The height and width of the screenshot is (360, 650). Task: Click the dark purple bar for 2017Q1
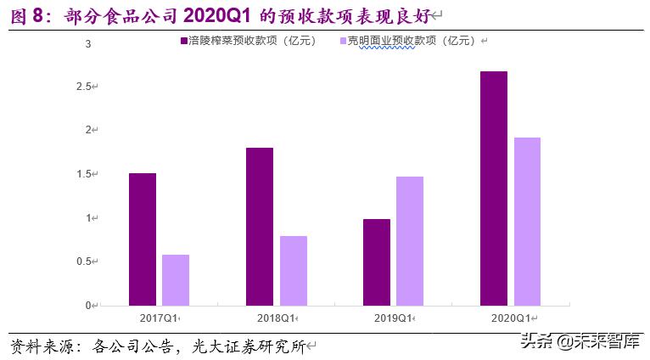[143, 239]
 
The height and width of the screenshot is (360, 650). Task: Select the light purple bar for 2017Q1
[176, 279]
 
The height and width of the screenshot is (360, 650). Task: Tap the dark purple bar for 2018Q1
[260, 226]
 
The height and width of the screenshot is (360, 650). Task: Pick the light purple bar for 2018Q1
[293, 270]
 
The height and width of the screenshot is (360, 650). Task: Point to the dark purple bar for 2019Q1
[377, 262]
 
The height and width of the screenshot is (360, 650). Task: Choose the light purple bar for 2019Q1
[410, 240]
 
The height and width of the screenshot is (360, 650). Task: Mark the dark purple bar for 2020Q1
[494, 188]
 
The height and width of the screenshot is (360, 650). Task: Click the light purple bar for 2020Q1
[527, 221]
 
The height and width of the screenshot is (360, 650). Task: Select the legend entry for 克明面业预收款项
[412, 41]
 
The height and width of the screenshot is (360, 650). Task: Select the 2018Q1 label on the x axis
[277, 318]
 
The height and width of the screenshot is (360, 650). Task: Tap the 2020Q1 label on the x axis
[512, 318]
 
